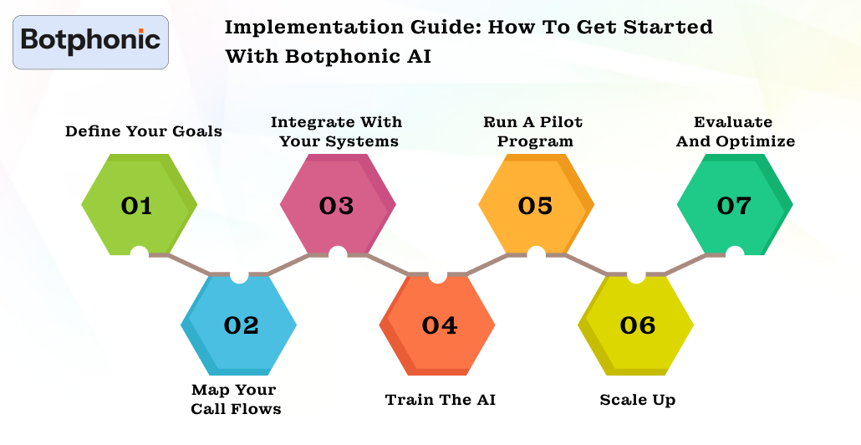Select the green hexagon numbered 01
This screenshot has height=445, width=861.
click(x=138, y=205)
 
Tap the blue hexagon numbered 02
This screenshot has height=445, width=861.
click(x=239, y=325)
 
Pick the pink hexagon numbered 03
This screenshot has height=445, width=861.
click(x=337, y=205)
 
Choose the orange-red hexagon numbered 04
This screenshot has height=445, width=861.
click(x=438, y=325)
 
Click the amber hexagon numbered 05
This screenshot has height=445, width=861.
click(x=536, y=205)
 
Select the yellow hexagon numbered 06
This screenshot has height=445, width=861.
click(x=637, y=325)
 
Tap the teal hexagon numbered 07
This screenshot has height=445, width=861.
click(x=735, y=205)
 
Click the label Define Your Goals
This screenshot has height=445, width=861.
click(x=144, y=130)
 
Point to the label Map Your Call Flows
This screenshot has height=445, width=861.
click(x=235, y=399)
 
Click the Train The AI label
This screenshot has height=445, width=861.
click(x=440, y=400)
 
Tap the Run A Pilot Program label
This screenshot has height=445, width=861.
click(x=534, y=131)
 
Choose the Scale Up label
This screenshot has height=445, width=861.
click(x=637, y=400)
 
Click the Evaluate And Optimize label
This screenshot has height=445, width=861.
click(x=735, y=131)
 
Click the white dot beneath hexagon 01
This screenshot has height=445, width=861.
click(x=140, y=253)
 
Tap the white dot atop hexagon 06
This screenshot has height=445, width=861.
click(x=635, y=275)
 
